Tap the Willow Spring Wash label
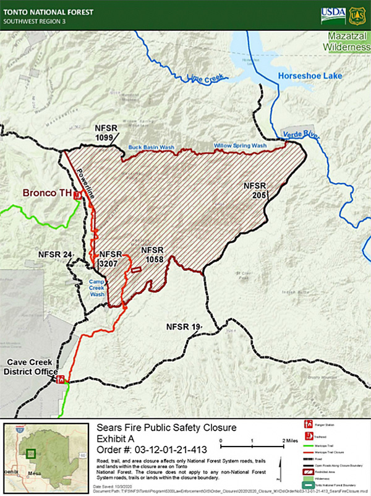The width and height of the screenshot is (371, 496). click(240, 146)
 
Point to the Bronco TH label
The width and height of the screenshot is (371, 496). click(48, 193)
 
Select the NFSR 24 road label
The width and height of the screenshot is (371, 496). click(55, 254)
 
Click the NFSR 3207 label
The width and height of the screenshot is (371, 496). click(111, 259)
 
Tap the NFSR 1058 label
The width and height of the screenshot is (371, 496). click(152, 255)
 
